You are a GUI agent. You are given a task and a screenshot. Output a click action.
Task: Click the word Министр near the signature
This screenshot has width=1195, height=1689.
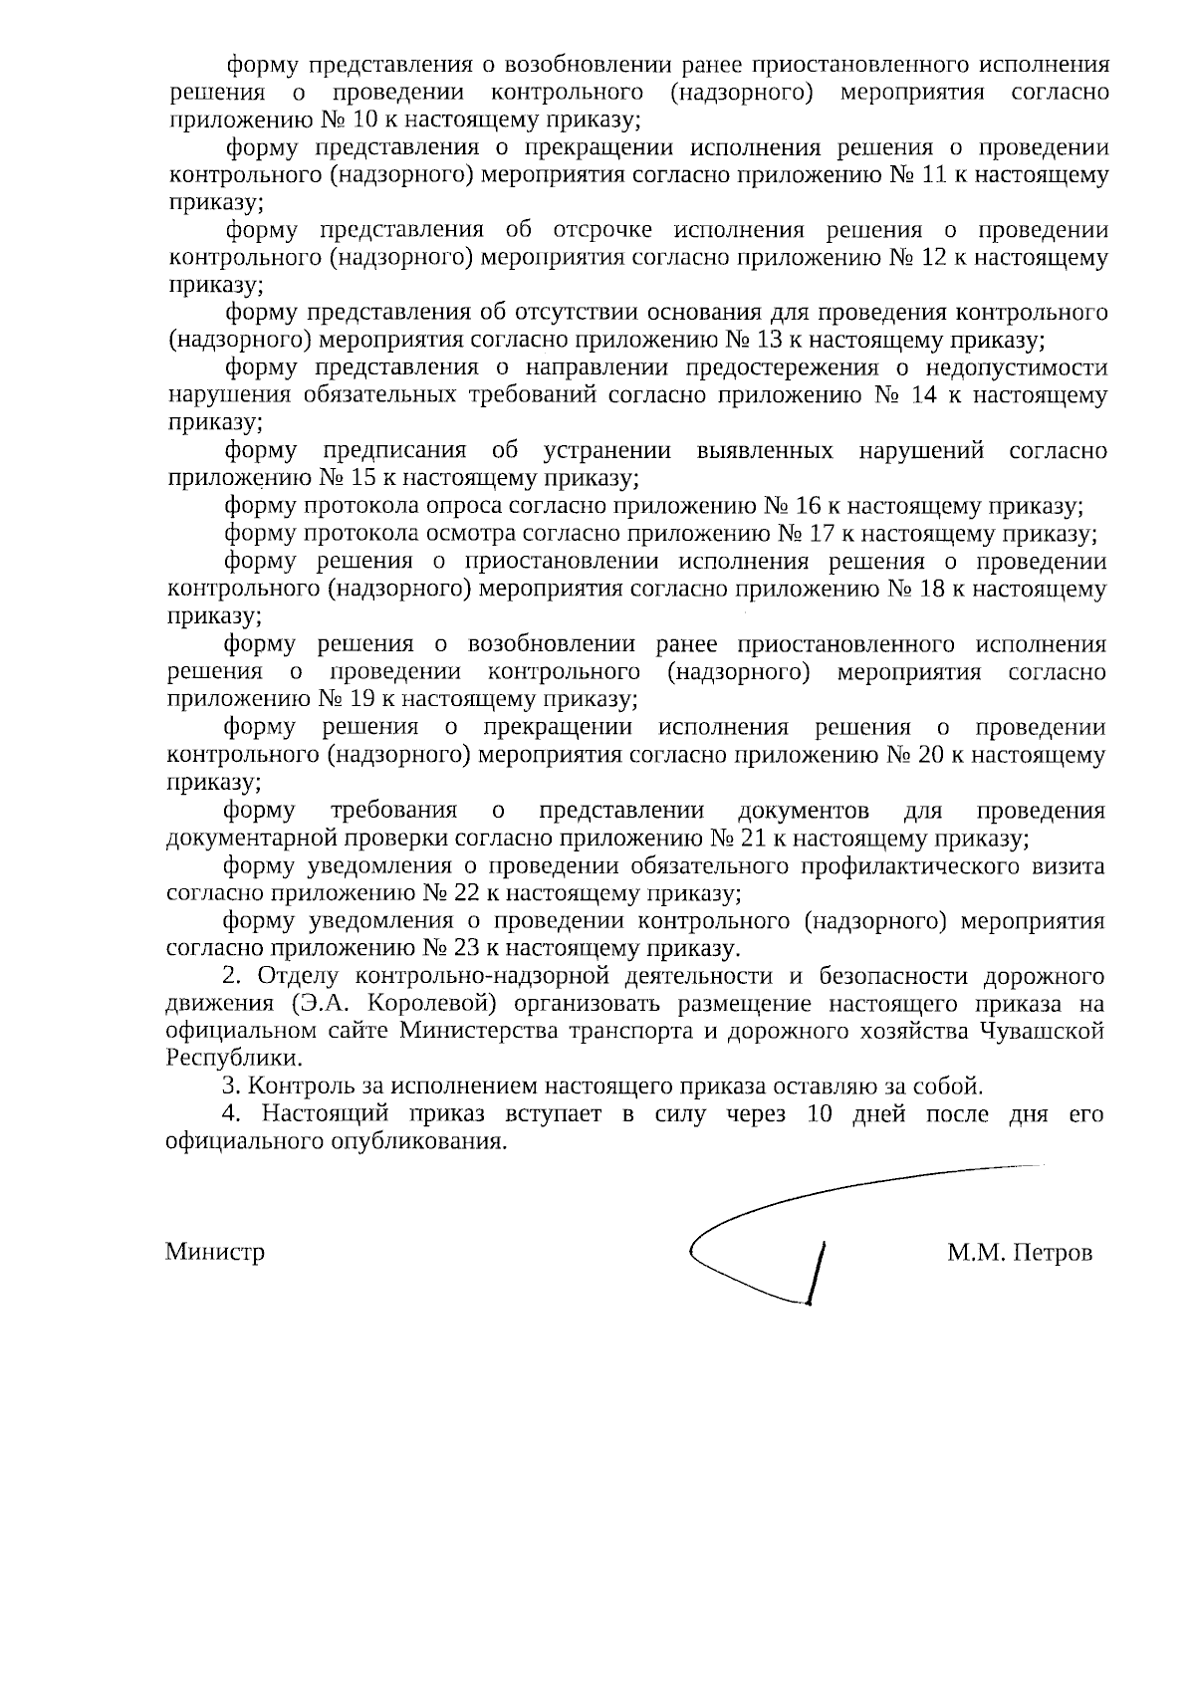click(x=215, y=1252)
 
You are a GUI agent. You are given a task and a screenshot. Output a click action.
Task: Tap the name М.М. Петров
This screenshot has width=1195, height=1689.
click(x=1020, y=1252)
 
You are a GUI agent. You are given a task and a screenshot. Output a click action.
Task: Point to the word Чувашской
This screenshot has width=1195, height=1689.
click(x=1044, y=1031)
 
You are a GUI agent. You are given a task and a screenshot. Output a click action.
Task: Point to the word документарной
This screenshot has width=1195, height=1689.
click(x=256, y=838)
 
